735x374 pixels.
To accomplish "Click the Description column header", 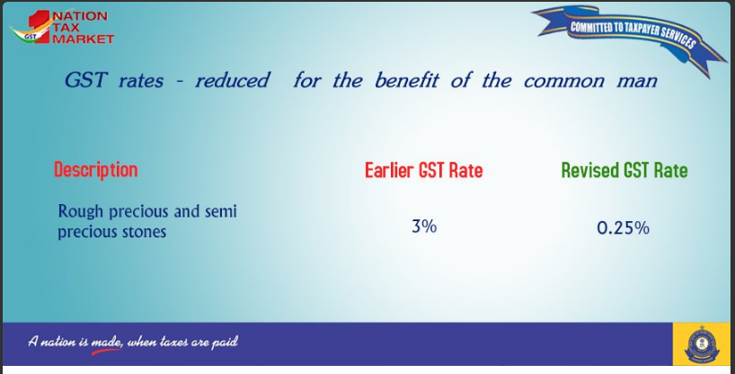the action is (95, 170).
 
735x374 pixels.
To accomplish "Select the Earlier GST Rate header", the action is (424, 170).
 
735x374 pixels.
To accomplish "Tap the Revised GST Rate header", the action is (624, 170).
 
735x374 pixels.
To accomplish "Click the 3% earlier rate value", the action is (424, 227).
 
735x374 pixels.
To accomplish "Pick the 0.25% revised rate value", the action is (623, 228).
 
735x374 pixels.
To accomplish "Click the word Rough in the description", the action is (80, 211).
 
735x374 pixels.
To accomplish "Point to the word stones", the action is (145, 232).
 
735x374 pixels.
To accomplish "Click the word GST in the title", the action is (85, 80).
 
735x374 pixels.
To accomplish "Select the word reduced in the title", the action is (233, 80).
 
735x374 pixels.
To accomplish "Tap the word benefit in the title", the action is (406, 80).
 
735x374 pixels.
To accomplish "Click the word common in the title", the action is (564, 81).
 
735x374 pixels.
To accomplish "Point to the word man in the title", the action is (637, 81).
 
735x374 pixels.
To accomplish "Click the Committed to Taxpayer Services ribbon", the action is (630, 36).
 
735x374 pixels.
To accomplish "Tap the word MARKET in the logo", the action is (83, 39).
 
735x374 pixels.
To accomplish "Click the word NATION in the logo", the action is (80, 16).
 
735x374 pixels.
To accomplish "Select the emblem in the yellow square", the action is (702, 344).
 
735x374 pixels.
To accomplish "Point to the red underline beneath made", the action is (106, 352).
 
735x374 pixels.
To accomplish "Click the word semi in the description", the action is (221, 211).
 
